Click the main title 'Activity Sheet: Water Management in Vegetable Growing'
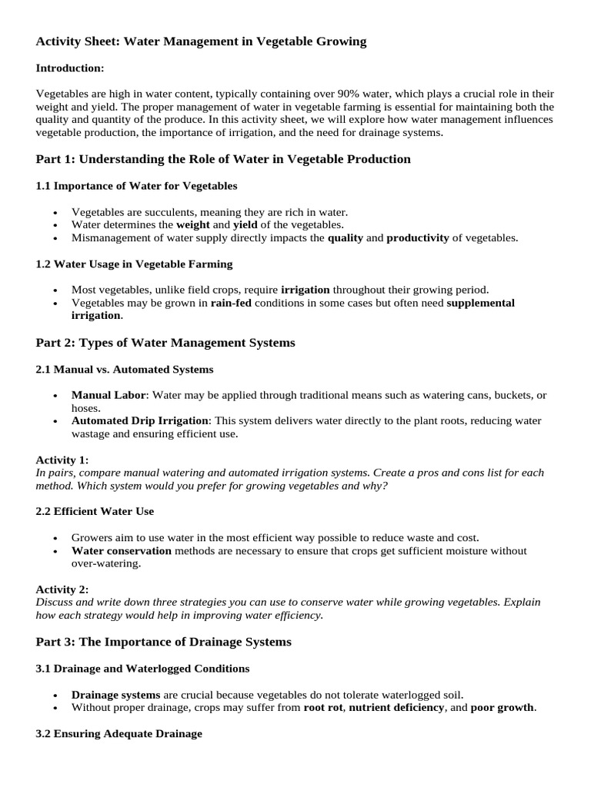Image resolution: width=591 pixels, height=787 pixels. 201,42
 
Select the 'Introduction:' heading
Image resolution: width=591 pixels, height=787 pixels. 69,68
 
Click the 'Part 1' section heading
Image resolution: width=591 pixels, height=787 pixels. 223,159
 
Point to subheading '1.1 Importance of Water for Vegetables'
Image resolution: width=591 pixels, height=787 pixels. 136,185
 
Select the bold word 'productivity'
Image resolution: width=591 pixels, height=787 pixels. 417,237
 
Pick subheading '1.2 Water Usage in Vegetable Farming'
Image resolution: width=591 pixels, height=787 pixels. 134,264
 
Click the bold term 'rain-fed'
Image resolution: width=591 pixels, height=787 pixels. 232,303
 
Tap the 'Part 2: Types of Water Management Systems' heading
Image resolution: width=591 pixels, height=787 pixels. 165,342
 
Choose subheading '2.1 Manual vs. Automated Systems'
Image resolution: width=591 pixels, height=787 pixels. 125,369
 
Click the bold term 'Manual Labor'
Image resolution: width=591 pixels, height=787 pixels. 109,395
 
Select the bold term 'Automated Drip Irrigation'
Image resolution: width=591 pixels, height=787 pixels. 139,421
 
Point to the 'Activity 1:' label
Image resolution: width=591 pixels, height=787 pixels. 62,460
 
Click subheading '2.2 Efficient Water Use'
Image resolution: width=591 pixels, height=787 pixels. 95,511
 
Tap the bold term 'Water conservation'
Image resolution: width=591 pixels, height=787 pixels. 122,550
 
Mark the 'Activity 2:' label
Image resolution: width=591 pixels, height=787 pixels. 62,589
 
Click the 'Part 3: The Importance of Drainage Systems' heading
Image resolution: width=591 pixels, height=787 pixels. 164,641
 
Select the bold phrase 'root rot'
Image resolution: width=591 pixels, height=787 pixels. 323,707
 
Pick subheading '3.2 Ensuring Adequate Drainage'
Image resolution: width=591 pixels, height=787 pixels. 119,733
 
